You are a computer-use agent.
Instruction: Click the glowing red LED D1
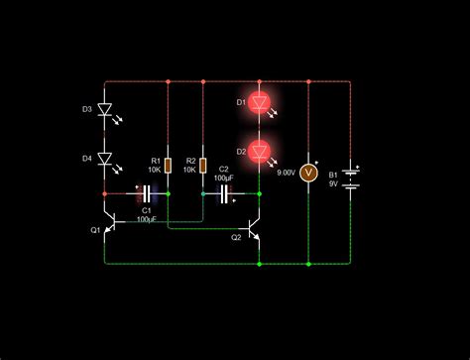click(x=260, y=101)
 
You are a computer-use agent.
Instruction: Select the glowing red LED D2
click(x=260, y=151)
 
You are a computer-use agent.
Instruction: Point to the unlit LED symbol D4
click(x=106, y=159)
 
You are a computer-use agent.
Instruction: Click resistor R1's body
click(x=168, y=165)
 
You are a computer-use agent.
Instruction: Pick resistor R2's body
click(x=203, y=165)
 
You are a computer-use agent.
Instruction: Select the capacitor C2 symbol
click(x=225, y=193)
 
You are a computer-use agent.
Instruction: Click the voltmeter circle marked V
click(x=307, y=172)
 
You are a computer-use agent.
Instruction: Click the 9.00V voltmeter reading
click(x=286, y=173)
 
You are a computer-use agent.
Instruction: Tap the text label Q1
click(x=96, y=230)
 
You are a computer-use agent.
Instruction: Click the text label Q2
click(x=236, y=238)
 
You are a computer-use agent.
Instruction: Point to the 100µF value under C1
click(x=147, y=218)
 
